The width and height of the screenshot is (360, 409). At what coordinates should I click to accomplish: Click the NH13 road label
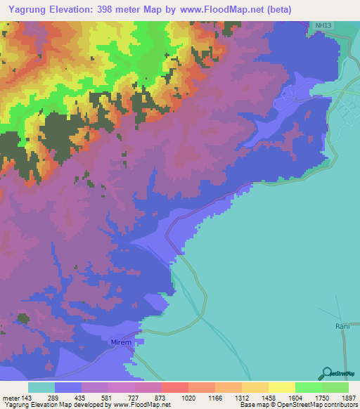[x=322, y=25]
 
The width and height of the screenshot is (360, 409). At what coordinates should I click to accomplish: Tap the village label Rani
[x=342, y=326]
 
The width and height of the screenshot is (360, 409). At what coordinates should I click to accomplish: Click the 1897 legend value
[x=349, y=397]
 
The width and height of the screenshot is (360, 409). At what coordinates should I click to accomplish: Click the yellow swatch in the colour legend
[x=281, y=387]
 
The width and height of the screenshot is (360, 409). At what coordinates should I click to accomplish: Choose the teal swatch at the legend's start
[x=41, y=387]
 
